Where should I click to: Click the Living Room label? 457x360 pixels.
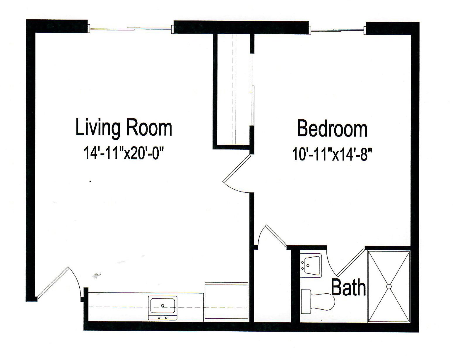click(x=124, y=128)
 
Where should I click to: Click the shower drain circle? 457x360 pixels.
click(x=389, y=287)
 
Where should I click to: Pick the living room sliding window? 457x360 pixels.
click(x=131, y=29)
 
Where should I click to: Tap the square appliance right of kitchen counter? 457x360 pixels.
click(x=226, y=302)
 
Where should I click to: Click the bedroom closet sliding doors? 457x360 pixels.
click(x=252, y=88)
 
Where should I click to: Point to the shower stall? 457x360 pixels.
click(x=389, y=287)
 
